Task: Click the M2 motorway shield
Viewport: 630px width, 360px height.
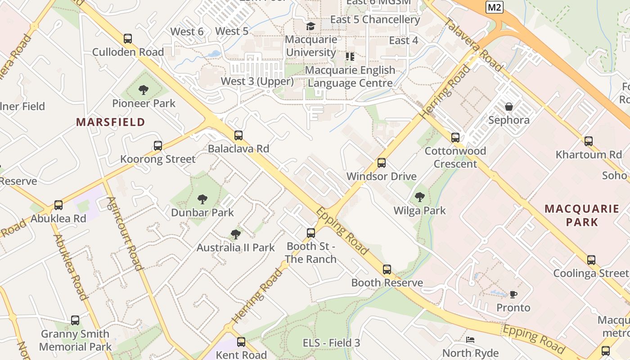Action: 494,7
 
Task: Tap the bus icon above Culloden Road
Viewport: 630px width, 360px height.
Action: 128,39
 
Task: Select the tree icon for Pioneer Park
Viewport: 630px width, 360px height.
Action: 144,90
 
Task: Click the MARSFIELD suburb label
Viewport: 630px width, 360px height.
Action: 110,122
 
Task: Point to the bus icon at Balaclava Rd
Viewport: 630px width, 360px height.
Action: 238,135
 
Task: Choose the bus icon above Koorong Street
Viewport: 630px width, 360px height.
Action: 157,146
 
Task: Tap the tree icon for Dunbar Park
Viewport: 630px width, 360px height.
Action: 202,199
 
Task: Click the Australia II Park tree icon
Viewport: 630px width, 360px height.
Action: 235,234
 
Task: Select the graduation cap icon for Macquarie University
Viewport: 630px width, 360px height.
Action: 310,26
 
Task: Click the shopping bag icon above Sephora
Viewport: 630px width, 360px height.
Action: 509,107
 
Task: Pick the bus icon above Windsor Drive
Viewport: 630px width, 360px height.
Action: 382,162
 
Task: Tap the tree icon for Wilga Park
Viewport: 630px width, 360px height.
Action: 420,197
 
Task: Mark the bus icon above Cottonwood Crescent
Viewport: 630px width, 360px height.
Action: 455,137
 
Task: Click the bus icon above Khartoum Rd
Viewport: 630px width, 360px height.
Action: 589,141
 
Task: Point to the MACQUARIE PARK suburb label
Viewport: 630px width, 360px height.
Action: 582,215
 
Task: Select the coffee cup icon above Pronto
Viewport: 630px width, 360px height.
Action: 513,294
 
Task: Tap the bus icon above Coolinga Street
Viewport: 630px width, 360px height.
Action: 591,260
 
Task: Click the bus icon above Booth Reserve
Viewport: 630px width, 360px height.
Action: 387,270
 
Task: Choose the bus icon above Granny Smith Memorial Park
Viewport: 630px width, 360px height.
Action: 75,320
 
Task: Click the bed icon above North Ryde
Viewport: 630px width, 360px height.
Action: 470,340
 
